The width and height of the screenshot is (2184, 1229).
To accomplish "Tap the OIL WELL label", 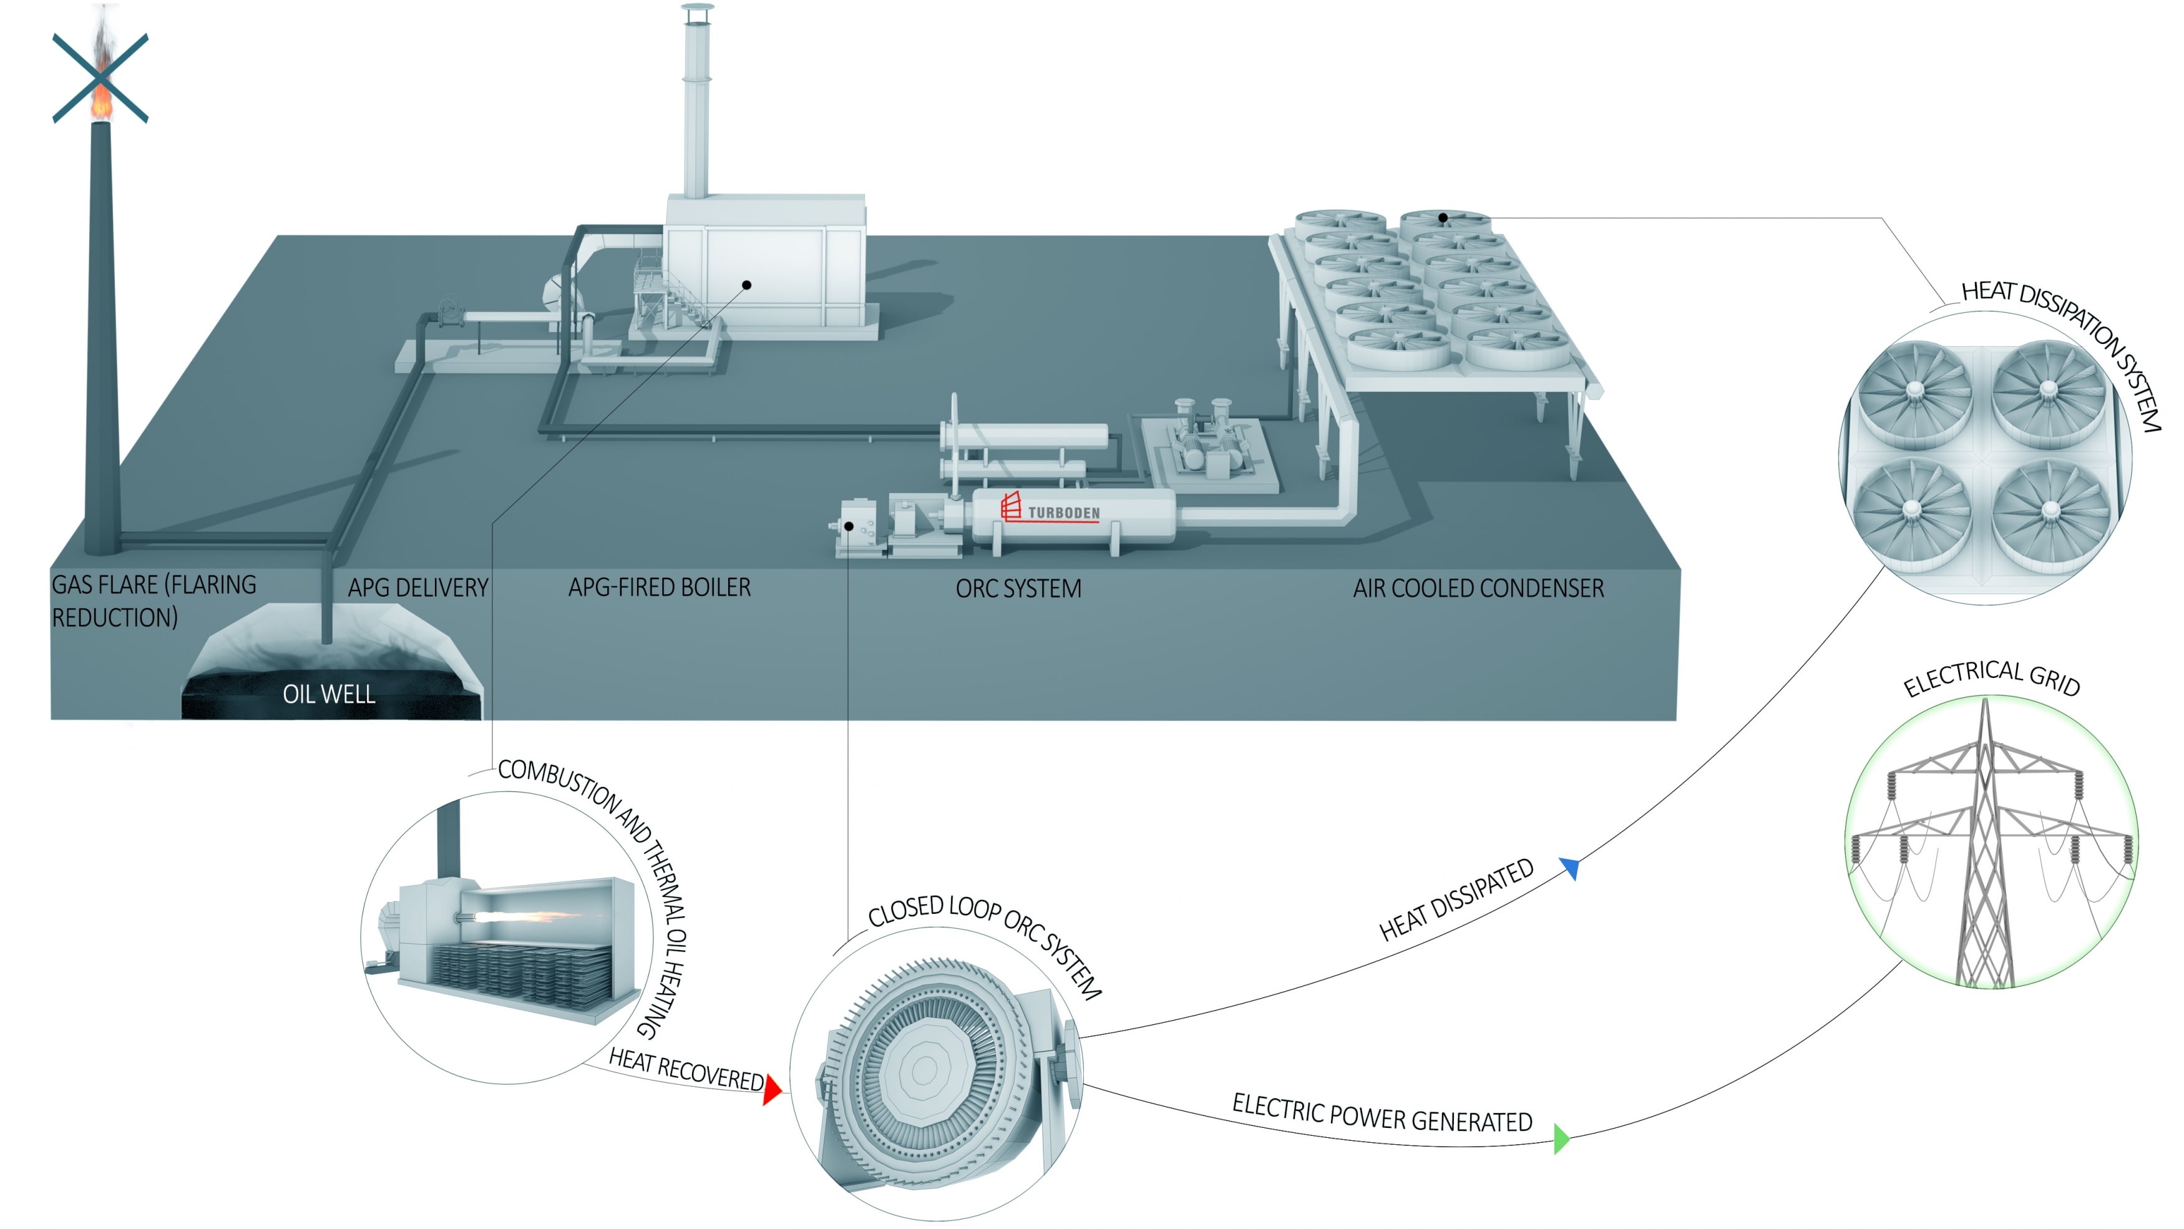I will coord(329,694).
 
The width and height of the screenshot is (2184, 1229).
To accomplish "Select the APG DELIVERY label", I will coord(418,588).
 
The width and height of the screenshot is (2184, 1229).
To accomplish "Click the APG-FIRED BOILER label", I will coord(660,587).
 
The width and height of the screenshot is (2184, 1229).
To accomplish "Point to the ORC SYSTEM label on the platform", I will coord(1018,589).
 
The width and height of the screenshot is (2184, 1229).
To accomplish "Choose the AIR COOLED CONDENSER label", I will coord(1478,588).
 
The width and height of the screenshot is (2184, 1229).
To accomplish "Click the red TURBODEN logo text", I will coord(1063,512).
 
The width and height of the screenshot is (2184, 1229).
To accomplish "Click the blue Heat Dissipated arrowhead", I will coord(1570,868).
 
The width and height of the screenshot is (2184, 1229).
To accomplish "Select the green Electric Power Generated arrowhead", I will coord(1562,1138).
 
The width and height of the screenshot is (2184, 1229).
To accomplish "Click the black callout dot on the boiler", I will coord(747,285).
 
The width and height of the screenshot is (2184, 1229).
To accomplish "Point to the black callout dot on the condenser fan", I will coord(1443,218).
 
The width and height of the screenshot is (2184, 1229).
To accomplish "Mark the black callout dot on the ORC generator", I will coord(849,527).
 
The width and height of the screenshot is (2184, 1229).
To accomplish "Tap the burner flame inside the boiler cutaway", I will coord(517,917).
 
